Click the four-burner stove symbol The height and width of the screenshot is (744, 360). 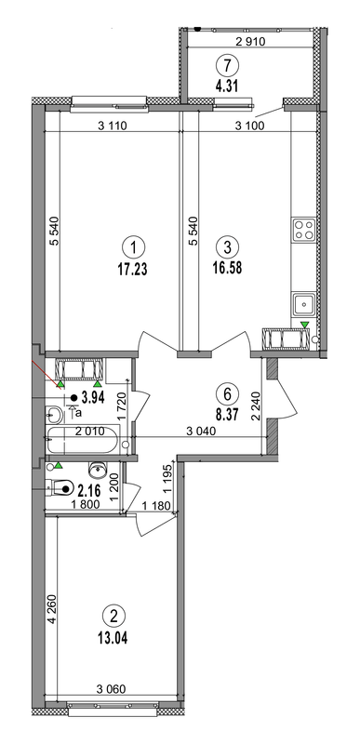(304, 230)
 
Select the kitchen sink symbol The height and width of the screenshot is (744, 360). (304, 302)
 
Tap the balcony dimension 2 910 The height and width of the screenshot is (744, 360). (252, 42)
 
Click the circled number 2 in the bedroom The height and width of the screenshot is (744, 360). (113, 615)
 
